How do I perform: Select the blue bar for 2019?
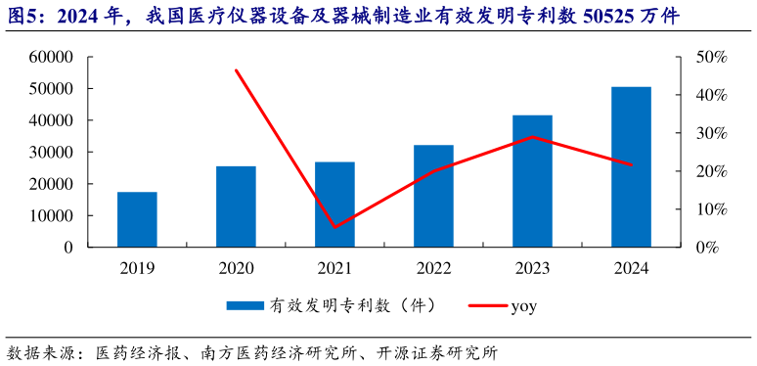coord(137,219)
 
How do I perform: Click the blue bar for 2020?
coord(236,206)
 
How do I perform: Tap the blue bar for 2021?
coord(334,205)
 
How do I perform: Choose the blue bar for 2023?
coord(532,181)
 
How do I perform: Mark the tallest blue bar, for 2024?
coord(631,166)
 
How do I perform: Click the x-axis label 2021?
coord(334,266)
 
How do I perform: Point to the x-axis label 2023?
coord(532,266)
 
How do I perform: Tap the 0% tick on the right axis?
coord(706,248)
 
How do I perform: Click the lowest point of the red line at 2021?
coord(334,227)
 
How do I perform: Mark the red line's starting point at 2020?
coord(237,70)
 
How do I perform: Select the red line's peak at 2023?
coord(532,137)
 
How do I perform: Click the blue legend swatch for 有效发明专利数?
coord(246,306)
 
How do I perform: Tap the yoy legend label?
coord(525,306)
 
